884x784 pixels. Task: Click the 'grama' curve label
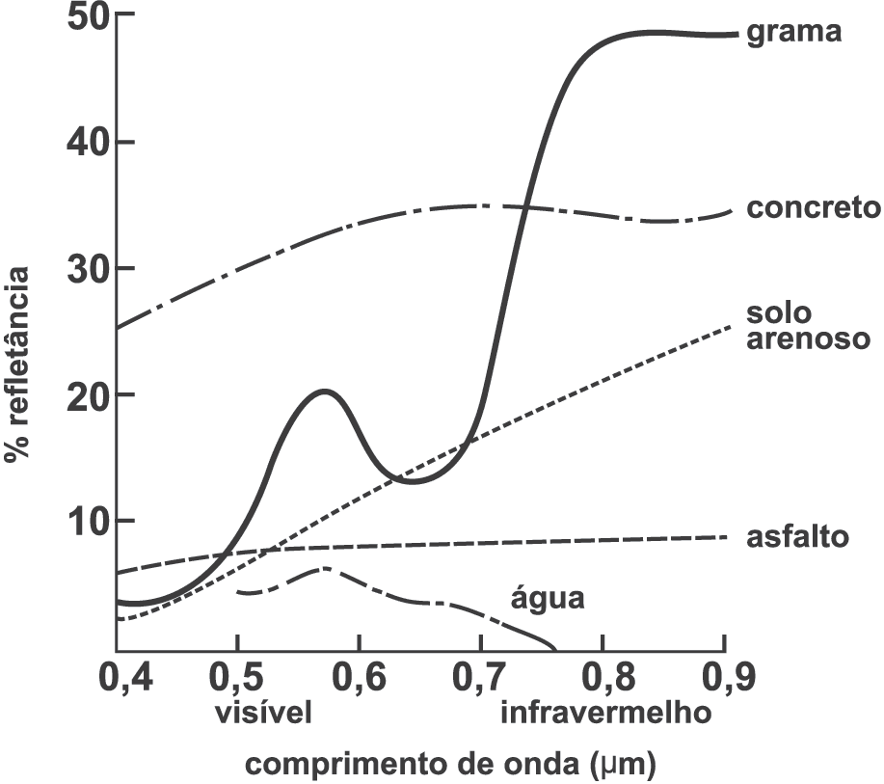pyautogui.click(x=793, y=33)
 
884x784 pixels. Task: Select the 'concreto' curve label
pyautogui.click(x=813, y=207)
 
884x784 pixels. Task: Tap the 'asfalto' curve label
pyautogui.click(x=797, y=536)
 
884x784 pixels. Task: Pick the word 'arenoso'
pyautogui.click(x=809, y=339)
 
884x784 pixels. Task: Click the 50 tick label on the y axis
pyautogui.click(x=87, y=15)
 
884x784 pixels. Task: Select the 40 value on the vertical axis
pyautogui.click(x=87, y=142)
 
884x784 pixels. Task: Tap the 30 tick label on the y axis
pyautogui.click(x=87, y=268)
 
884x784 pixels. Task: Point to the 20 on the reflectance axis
pyautogui.click(x=87, y=393)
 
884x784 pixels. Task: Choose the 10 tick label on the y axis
pyautogui.click(x=89, y=520)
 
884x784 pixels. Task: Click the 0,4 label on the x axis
pyautogui.click(x=125, y=677)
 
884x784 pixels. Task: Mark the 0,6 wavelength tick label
pyautogui.click(x=360, y=677)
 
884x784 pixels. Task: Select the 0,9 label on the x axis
pyautogui.click(x=727, y=677)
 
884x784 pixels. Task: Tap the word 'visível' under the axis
pyautogui.click(x=263, y=713)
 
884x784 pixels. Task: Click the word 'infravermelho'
pyautogui.click(x=606, y=713)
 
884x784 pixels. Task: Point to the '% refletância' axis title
pyautogui.click(x=17, y=365)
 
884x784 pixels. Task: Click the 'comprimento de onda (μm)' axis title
pyautogui.click(x=450, y=765)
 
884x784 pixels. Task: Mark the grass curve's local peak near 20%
pyautogui.click(x=324, y=391)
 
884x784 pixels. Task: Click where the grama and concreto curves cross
pyautogui.click(x=525, y=207)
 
